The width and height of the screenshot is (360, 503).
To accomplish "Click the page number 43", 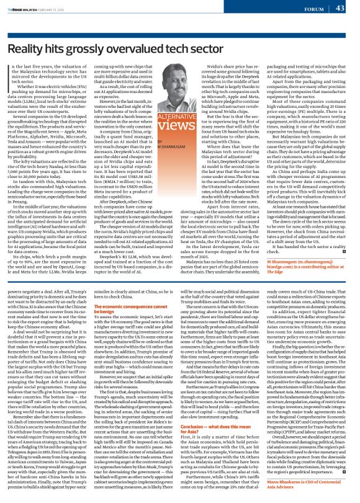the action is [x=340, y=9].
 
